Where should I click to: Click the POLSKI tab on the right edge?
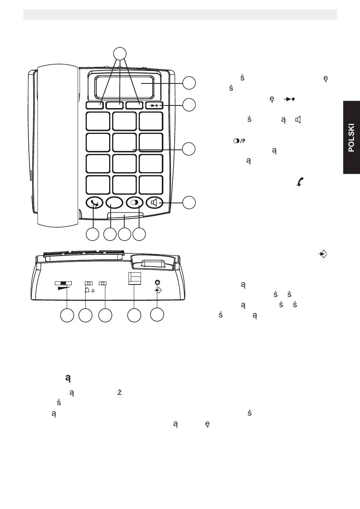(351, 137)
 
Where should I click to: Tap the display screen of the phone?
(125, 88)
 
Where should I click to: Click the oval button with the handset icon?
(94, 203)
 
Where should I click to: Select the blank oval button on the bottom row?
(114, 203)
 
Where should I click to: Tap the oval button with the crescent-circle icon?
(134, 203)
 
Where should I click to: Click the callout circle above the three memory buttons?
(120, 53)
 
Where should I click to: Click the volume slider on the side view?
(63, 283)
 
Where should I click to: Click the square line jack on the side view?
(135, 279)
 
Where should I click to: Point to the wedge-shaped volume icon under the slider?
(64, 289)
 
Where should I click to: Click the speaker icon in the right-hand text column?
(298, 120)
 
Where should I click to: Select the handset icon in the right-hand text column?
(299, 182)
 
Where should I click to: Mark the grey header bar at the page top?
(180, 14)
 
